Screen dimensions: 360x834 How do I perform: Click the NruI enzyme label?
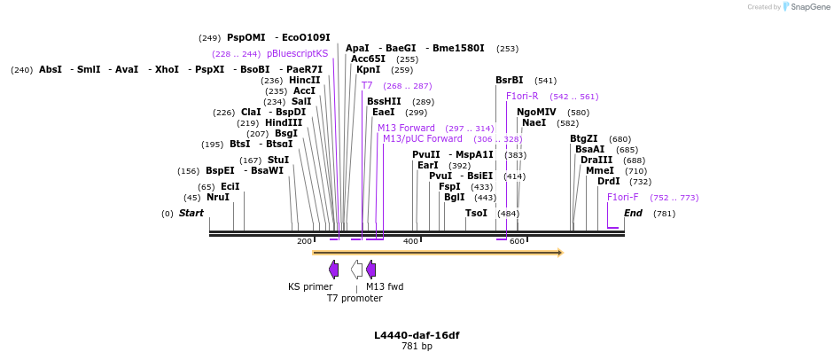[218, 198]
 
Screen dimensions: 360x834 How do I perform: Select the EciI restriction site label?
[230, 186]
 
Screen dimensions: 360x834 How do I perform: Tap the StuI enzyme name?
[278, 160]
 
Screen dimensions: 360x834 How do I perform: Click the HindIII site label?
[284, 122]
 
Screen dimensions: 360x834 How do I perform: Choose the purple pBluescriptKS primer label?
[297, 53]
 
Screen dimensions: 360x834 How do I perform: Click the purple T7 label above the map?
[367, 85]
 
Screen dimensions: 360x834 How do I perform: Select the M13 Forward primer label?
[406, 128]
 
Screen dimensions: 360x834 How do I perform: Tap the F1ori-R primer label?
[522, 96]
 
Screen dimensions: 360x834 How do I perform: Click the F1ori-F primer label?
[622, 197]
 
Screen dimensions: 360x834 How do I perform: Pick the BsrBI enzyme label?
[510, 80]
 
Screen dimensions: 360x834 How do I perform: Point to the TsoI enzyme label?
[476, 213]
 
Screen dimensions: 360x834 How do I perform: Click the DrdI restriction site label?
[609, 181]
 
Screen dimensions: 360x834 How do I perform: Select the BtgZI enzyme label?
[584, 138]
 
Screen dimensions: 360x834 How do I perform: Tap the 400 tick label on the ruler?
[411, 241]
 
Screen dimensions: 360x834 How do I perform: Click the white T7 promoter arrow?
[356, 270]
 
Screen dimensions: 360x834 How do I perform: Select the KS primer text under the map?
[310, 286]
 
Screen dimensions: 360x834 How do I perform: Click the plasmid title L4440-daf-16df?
[417, 335]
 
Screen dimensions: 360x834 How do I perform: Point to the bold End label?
[633, 213]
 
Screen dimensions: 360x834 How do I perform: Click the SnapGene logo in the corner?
[807, 7]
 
